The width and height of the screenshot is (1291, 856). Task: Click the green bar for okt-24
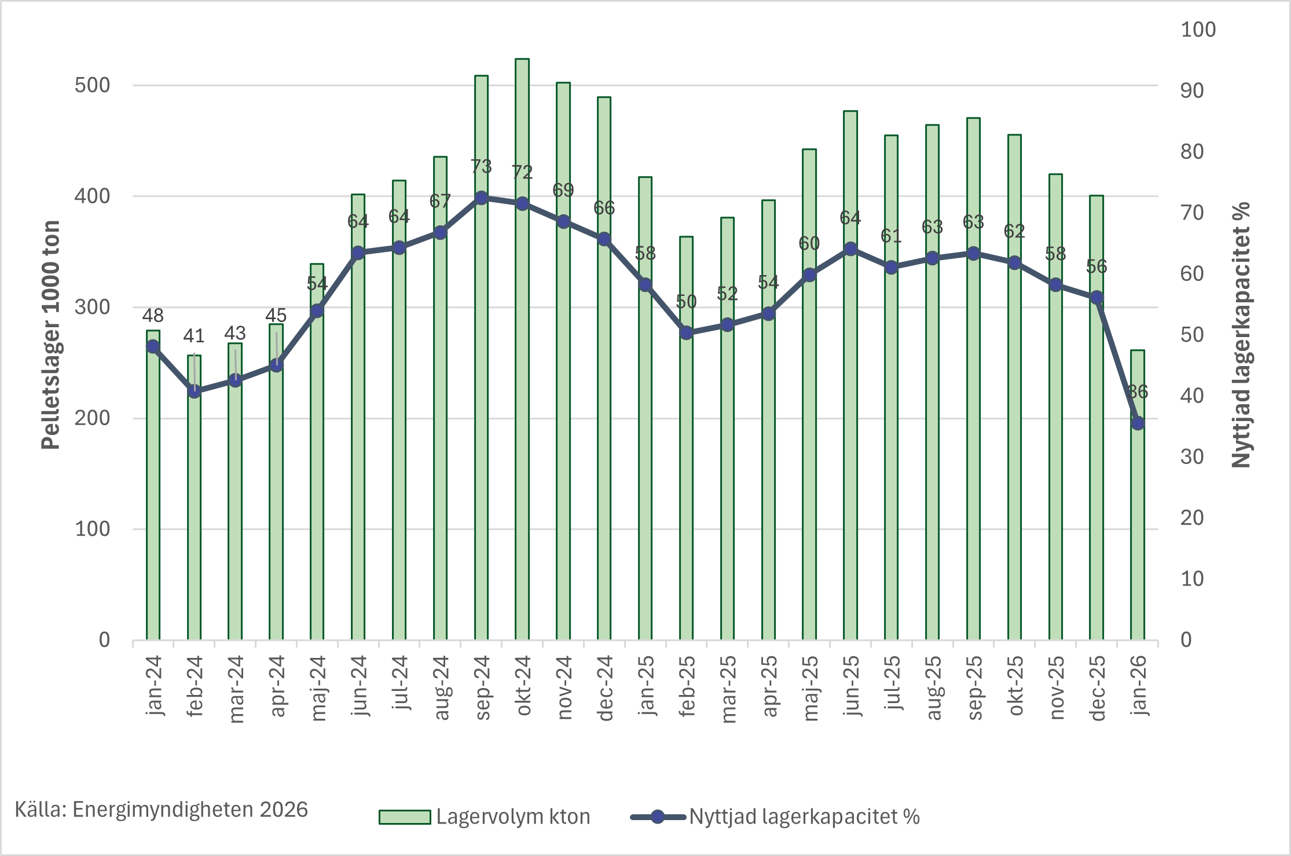pyautogui.click(x=522, y=405)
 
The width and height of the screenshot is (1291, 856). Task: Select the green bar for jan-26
pyautogui.click(x=1138, y=521)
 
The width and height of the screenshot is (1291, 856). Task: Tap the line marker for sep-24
pyautogui.click(x=481, y=198)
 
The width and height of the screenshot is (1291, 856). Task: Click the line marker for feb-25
pyautogui.click(x=687, y=333)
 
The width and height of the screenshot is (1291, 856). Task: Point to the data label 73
pyautogui.click(x=481, y=167)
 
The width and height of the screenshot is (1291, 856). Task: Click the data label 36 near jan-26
pyautogui.click(x=1138, y=392)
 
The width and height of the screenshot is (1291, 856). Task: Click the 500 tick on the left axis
pyautogui.click(x=92, y=85)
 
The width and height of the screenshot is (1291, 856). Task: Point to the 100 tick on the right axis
pyautogui.click(x=1198, y=30)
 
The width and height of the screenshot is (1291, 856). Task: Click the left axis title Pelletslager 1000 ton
pyautogui.click(x=51, y=335)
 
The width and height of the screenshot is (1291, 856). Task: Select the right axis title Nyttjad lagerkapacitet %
pyautogui.click(x=1241, y=335)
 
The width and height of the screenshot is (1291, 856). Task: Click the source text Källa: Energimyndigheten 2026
pyautogui.click(x=161, y=810)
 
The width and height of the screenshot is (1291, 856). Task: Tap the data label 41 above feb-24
pyautogui.click(x=194, y=336)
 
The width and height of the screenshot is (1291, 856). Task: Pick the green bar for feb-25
pyautogui.click(x=687, y=492)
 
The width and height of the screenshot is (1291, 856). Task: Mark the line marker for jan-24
pyautogui.click(x=153, y=346)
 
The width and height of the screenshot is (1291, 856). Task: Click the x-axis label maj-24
pyautogui.click(x=318, y=688)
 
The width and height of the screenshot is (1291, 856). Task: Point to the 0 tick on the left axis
pyautogui.click(x=104, y=640)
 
